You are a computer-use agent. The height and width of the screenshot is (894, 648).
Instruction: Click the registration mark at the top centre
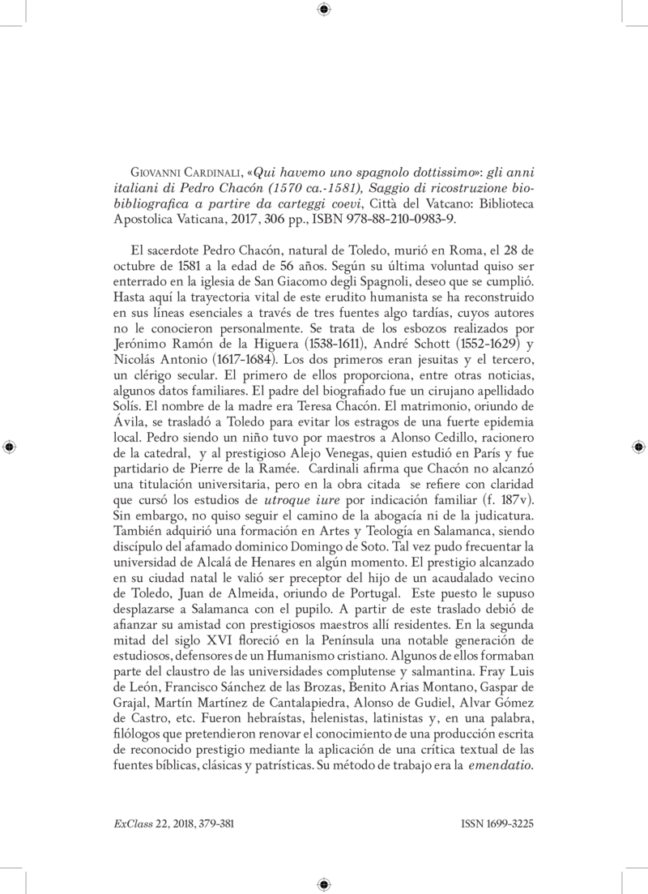tap(324, 11)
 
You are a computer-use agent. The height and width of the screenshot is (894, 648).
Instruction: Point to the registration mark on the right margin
tap(637, 447)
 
